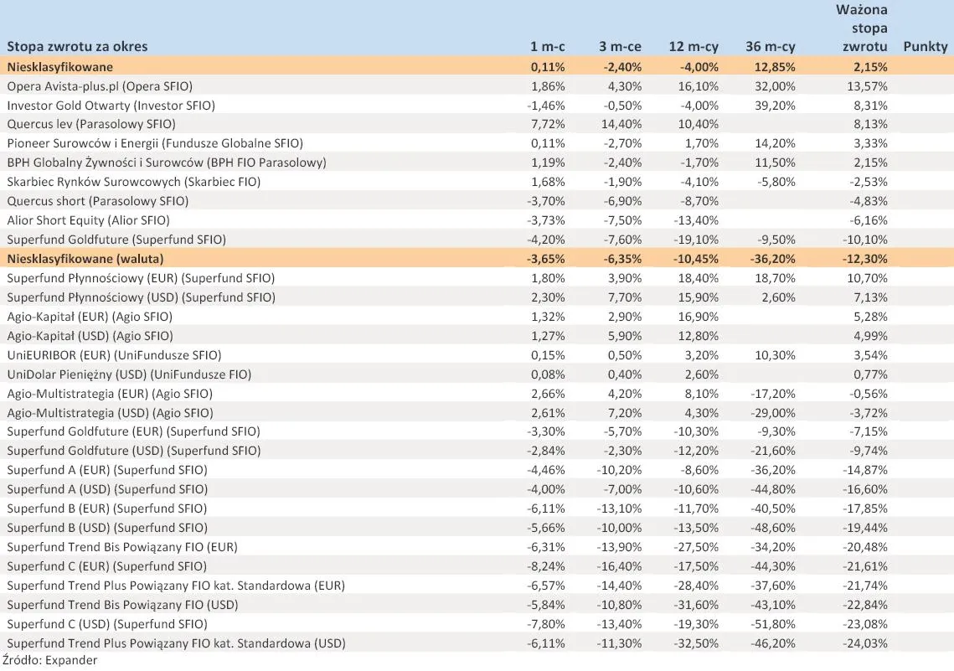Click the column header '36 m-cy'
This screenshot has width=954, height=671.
(770, 47)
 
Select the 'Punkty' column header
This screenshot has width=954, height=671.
(925, 47)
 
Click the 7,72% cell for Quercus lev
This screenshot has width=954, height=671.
(549, 124)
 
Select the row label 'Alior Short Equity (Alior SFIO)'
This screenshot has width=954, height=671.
(88, 220)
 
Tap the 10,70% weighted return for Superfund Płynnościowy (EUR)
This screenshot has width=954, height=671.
(868, 277)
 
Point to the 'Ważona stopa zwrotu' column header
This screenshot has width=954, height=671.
(862, 28)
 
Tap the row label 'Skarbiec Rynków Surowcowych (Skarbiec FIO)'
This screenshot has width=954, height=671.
(133, 182)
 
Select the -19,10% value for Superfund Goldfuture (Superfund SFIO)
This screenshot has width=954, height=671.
(694, 239)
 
